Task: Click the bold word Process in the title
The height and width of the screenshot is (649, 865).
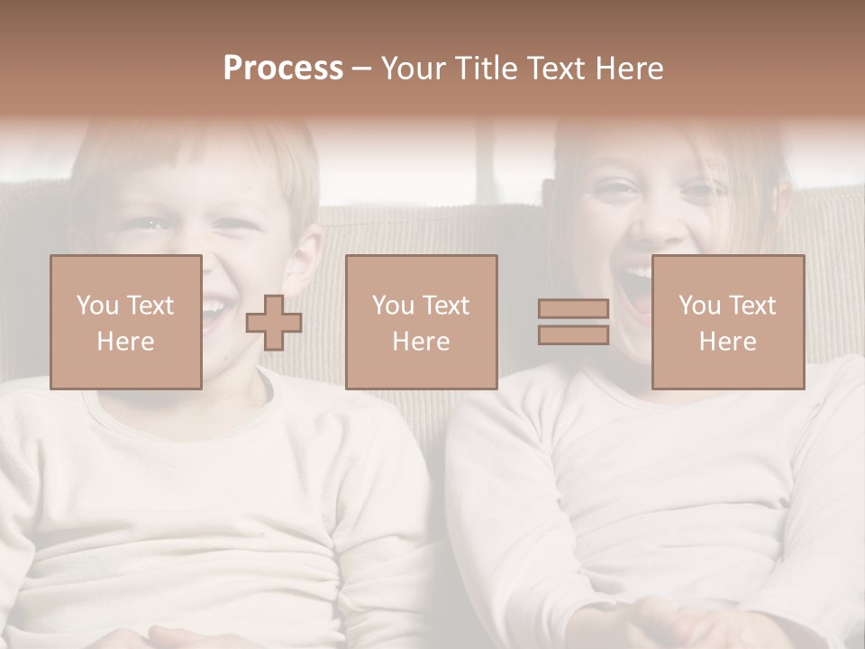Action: (x=283, y=69)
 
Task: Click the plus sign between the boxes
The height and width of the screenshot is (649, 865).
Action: (x=274, y=322)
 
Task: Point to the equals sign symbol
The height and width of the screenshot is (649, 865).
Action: (x=573, y=322)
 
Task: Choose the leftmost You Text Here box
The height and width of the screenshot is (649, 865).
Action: (x=125, y=322)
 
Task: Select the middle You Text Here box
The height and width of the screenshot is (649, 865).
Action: (x=421, y=322)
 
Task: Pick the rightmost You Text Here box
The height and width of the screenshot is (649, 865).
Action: (x=728, y=322)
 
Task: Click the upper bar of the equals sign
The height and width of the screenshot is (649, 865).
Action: (x=573, y=309)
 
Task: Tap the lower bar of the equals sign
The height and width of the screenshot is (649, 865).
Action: (x=573, y=334)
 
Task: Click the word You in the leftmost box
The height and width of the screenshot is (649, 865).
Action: (x=96, y=306)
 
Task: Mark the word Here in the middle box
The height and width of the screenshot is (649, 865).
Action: (x=421, y=342)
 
